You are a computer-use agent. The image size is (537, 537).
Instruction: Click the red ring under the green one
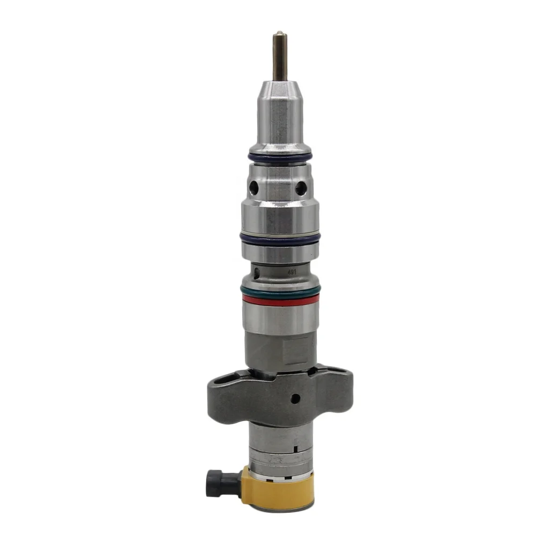[x=280, y=300]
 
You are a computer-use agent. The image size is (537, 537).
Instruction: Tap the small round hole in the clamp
[x=295, y=398]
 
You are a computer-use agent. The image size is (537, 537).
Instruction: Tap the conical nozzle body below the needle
[x=279, y=113]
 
